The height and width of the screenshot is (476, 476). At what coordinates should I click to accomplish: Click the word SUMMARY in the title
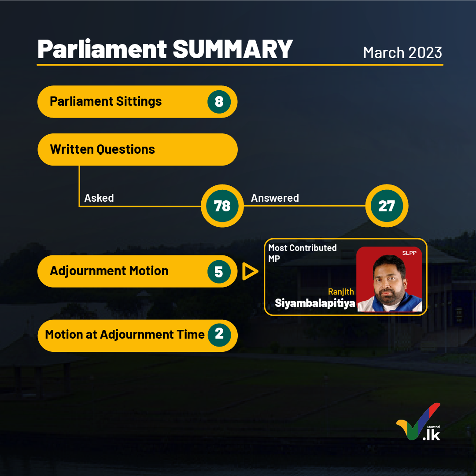click(232, 49)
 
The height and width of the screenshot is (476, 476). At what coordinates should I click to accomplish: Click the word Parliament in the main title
click(102, 49)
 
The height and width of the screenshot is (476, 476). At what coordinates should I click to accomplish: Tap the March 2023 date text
click(402, 53)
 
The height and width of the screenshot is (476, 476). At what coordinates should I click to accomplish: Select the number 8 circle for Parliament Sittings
click(219, 102)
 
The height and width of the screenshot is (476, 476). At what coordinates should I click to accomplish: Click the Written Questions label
click(102, 149)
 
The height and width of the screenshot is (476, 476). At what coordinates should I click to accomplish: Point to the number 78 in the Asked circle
click(222, 206)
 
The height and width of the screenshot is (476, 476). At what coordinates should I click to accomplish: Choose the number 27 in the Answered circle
click(387, 206)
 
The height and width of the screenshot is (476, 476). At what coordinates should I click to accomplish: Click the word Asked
click(99, 198)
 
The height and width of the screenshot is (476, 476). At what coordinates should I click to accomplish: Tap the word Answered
click(275, 198)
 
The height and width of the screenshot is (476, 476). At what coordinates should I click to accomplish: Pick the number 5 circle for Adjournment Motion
click(219, 271)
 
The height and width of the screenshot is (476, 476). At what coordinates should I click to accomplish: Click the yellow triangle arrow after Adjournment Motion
click(250, 271)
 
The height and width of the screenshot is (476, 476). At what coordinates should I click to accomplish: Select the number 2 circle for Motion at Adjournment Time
click(219, 335)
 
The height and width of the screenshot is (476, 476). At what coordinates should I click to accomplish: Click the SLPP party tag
click(409, 253)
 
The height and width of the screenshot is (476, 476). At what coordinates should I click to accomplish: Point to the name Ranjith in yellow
click(341, 292)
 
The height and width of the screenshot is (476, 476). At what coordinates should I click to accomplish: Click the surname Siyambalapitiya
click(315, 303)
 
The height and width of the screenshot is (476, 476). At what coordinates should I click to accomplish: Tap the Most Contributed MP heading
click(303, 253)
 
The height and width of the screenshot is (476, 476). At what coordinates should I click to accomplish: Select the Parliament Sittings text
click(106, 101)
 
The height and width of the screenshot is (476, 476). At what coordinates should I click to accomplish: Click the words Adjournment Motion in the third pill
click(109, 271)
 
